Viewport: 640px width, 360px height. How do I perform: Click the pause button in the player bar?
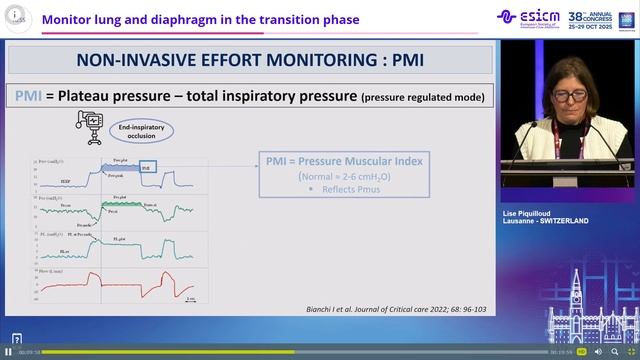[9, 352]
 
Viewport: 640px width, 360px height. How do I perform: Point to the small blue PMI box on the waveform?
[147, 167]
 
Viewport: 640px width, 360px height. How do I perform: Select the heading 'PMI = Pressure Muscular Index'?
[340, 160]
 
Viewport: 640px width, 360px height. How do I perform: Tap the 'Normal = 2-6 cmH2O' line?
[341, 175]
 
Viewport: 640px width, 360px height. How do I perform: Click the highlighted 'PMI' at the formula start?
[26, 96]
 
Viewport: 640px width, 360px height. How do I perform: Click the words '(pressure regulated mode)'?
[425, 97]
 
